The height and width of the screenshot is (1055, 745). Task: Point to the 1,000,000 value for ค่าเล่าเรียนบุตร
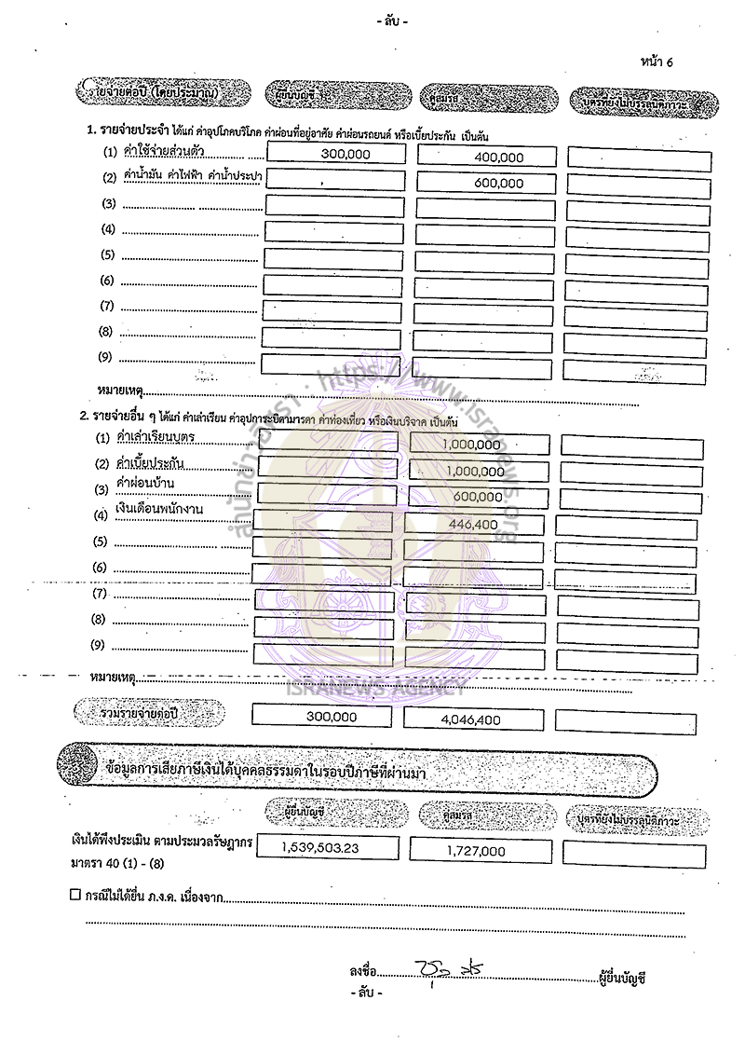coord(474,445)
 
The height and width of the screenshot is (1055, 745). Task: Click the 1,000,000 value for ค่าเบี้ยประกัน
coord(474,472)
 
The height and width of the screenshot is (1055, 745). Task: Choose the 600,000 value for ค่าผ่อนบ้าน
coord(476,498)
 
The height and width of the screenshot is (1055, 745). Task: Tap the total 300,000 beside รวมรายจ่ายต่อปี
coord(331,718)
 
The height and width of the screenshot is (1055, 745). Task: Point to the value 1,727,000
coord(475,851)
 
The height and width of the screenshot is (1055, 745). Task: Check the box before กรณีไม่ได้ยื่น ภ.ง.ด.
coord(75,895)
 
